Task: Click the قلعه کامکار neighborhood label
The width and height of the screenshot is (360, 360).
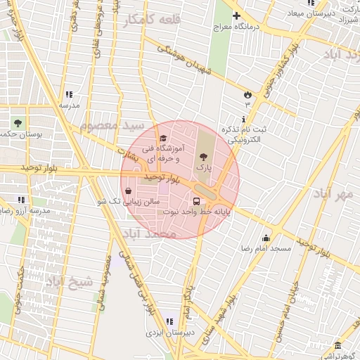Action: [x=152, y=21]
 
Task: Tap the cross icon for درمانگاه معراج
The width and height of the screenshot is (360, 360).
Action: [x=236, y=15]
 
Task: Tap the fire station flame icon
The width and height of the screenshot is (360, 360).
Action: [x=247, y=94]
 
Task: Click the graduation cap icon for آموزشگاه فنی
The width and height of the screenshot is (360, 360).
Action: [x=164, y=139]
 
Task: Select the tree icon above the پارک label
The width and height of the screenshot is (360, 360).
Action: [x=203, y=156]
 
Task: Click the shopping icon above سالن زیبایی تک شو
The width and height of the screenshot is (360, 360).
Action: [x=128, y=191]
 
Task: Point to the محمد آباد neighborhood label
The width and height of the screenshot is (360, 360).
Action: [x=147, y=233]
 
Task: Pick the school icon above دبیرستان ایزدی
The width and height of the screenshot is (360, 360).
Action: [x=167, y=321]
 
